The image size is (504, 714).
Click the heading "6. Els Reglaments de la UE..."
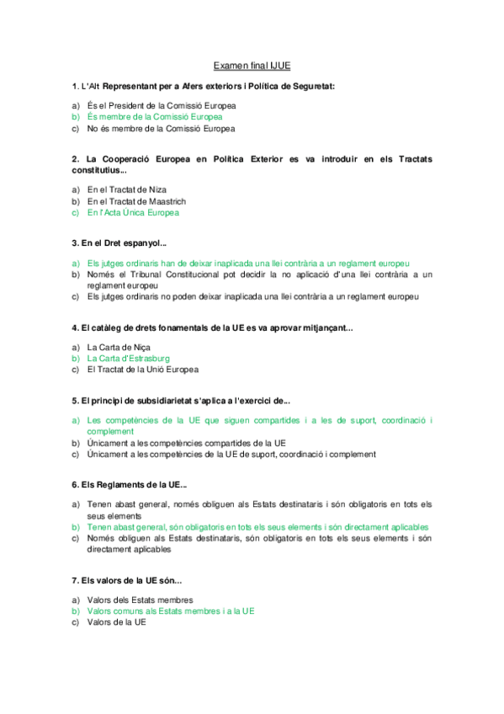(x=130, y=484)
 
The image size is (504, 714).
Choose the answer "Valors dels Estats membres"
(x=134, y=599)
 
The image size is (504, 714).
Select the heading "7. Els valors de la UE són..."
(x=126, y=580)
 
